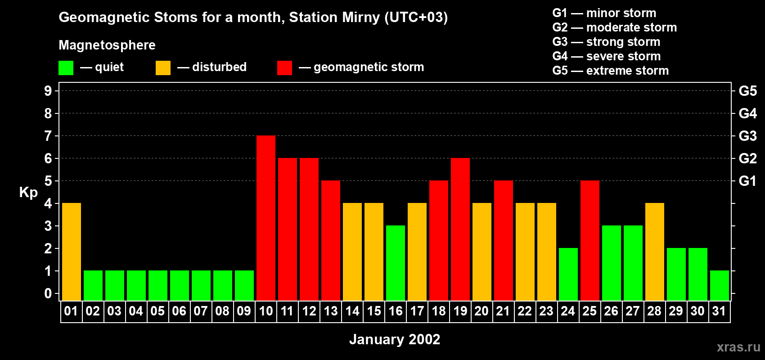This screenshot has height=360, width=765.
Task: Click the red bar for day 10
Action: (266, 218)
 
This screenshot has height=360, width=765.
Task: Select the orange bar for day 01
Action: (72, 252)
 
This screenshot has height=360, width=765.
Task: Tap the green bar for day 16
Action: (396, 263)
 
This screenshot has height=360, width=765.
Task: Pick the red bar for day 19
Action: (460, 229)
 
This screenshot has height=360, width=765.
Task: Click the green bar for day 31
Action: (719, 285)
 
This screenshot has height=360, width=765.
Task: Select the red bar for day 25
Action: (590, 240)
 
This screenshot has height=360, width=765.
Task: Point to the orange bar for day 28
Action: (655, 252)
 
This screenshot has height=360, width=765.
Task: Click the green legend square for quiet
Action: (66, 68)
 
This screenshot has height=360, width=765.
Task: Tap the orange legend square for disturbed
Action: (163, 68)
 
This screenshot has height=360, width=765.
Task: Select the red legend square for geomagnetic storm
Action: (284, 68)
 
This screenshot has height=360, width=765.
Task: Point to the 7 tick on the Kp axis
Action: (48, 136)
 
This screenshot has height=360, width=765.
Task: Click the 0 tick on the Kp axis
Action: (48, 294)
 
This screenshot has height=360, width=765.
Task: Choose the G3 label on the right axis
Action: (747, 136)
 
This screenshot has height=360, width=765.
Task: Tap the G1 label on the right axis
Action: (747, 181)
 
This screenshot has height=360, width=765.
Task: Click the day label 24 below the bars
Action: (568, 311)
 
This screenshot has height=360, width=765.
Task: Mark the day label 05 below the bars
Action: (157, 311)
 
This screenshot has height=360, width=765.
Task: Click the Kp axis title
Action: (28, 193)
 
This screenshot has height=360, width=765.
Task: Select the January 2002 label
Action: (395, 339)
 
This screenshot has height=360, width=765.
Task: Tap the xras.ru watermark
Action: (738, 347)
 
